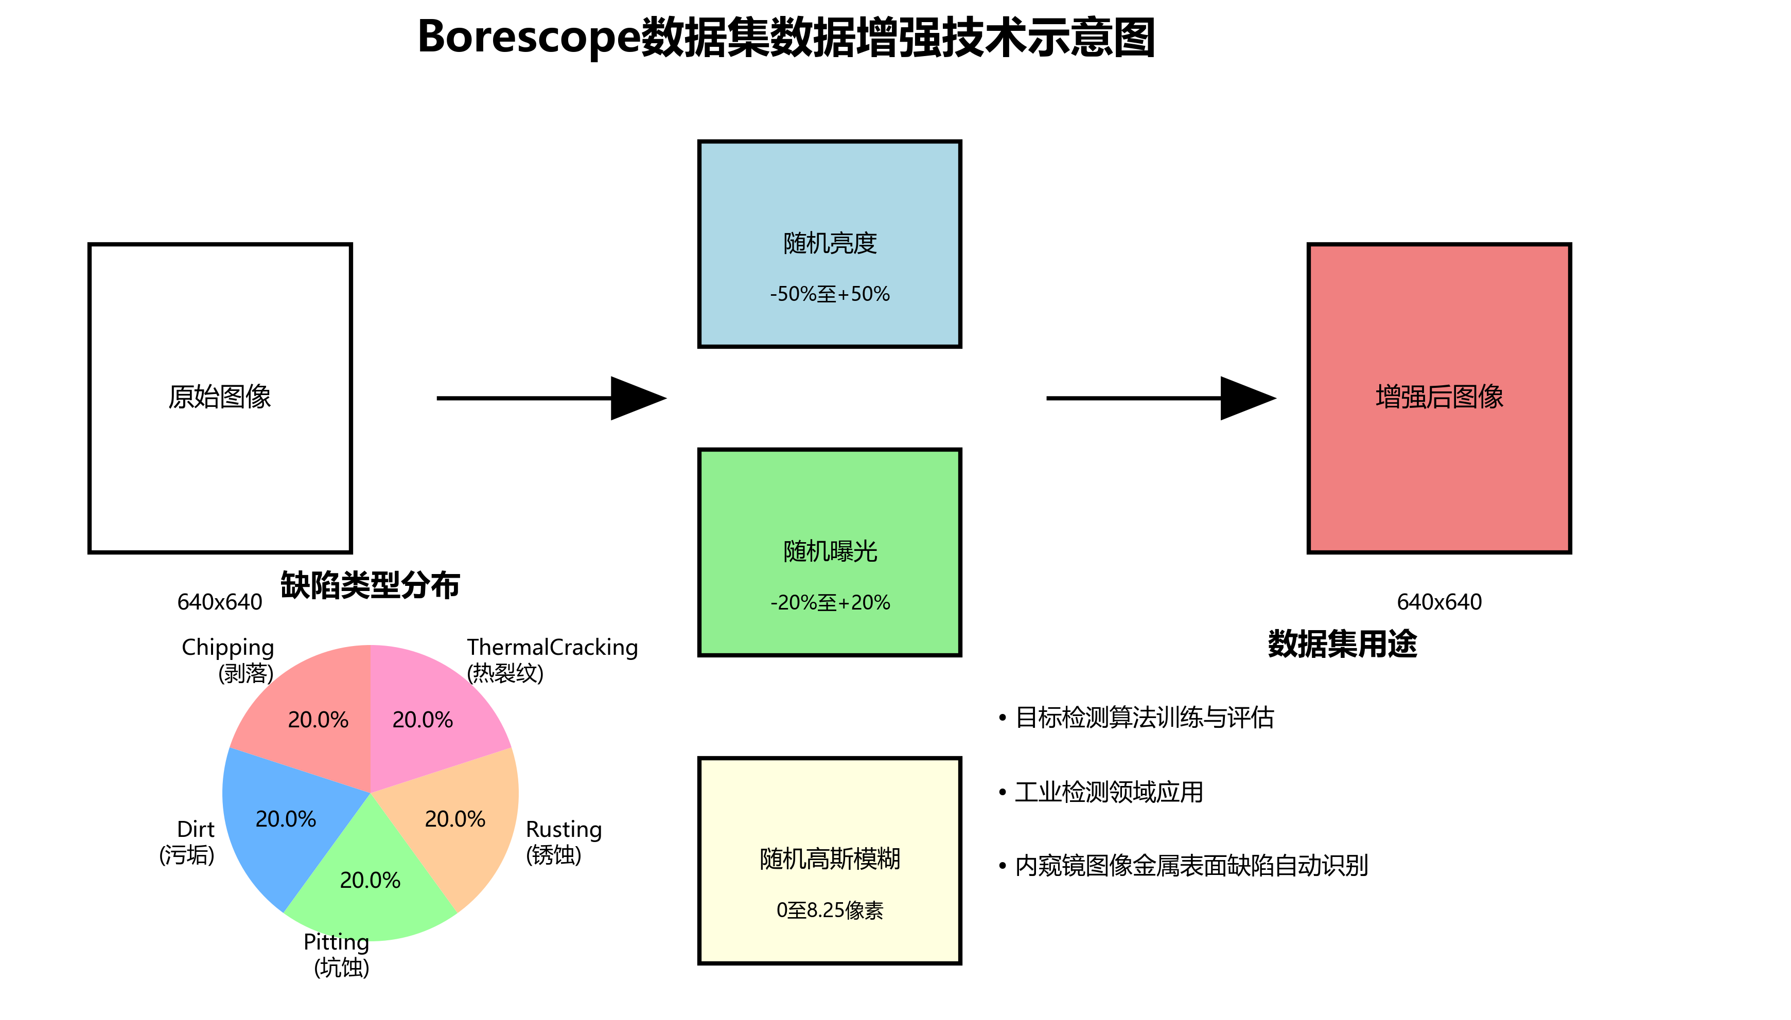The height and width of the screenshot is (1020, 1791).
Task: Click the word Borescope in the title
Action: [529, 37]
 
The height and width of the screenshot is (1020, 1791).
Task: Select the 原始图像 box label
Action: [219, 397]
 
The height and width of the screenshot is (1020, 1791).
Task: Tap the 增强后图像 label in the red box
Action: [1438, 397]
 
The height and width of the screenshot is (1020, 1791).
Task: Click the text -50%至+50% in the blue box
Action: [830, 294]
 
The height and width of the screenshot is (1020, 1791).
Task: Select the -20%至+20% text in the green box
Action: [830, 602]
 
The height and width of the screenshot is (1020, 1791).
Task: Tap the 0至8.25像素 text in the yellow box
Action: [830, 910]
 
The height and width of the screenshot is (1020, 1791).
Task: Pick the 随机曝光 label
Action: [830, 551]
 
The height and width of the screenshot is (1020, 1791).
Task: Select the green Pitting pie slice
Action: [370, 897]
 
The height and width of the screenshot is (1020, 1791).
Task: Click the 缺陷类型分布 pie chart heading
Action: [370, 585]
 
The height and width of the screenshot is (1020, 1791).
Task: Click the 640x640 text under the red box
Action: [1438, 602]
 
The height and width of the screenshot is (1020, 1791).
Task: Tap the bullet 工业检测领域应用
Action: [1109, 792]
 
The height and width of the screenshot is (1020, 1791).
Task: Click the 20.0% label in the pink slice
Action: [423, 720]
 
